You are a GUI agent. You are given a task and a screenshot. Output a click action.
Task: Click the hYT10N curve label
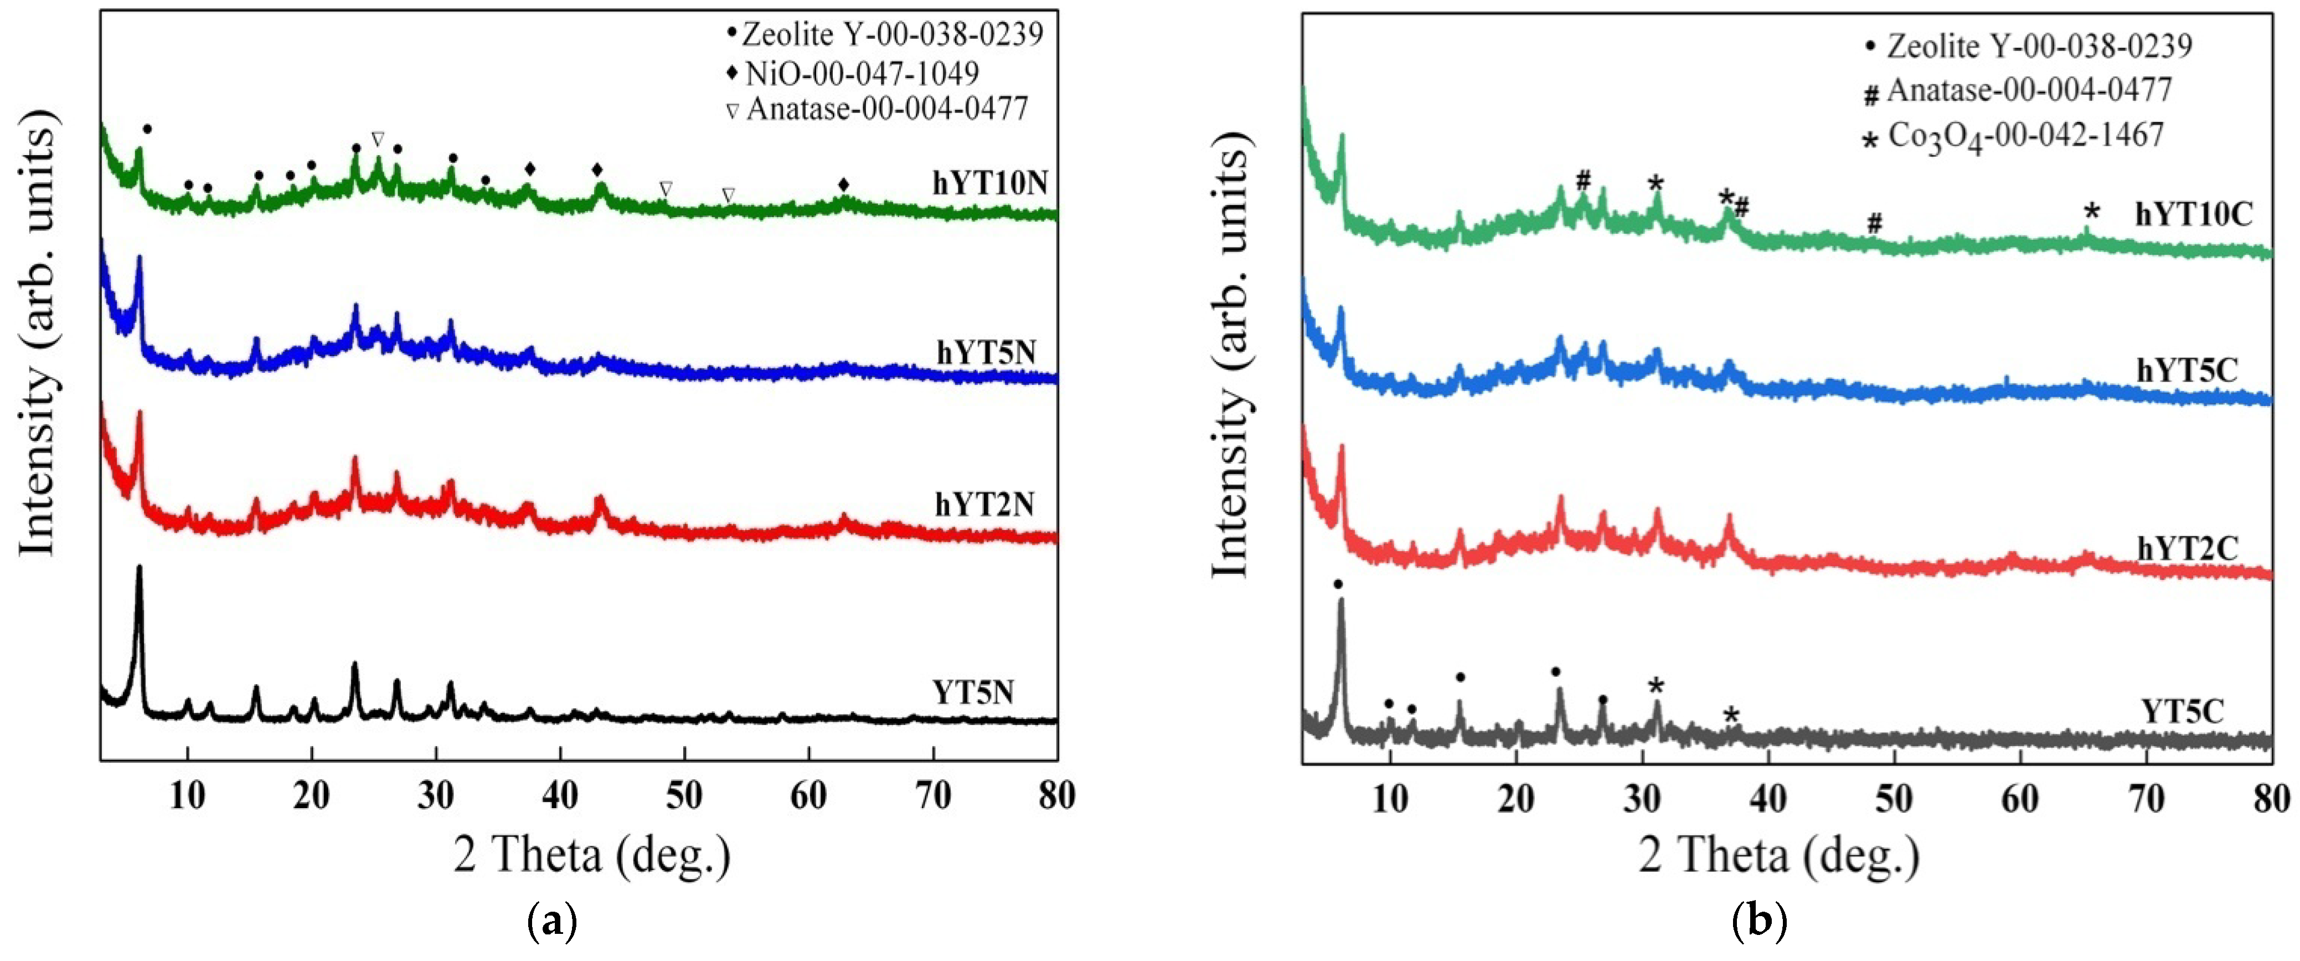989,183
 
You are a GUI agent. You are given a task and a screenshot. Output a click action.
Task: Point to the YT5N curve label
973,692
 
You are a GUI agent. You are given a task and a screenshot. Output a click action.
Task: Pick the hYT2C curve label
2188,548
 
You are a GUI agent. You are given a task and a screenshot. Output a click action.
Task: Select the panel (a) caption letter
554,920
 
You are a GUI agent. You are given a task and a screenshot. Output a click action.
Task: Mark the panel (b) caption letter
1759,921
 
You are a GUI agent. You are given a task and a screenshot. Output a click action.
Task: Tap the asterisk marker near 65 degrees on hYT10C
2092,213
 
